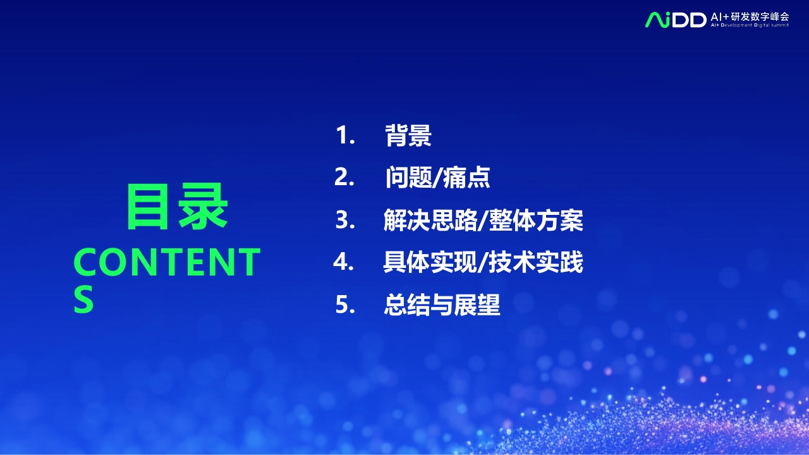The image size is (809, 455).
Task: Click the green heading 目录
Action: click(x=177, y=207)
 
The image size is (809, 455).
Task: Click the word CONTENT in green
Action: click(x=167, y=262)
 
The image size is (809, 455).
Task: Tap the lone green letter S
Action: click(x=83, y=300)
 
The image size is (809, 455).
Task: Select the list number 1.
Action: click(x=345, y=135)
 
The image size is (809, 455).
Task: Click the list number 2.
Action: click(x=344, y=177)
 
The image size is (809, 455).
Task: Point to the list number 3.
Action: click(x=345, y=219)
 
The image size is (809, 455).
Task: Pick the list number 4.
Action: click(x=343, y=262)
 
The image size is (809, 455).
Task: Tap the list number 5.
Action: click(x=345, y=305)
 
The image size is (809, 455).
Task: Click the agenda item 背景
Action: click(x=408, y=135)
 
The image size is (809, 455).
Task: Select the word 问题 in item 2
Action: click(x=408, y=178)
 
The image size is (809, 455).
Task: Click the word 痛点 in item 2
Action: click(x=466, y=178)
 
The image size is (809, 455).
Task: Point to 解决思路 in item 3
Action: click(x=430, y=220)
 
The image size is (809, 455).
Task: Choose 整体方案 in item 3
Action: click(x=536, y=220)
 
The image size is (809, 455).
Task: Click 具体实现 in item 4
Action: click(x=430, y=262)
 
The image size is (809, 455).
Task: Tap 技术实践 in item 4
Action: click(x=536, y=262)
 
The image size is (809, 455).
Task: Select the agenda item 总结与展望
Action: click(x=442, y=305)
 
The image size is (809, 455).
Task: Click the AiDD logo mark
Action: click(x=676, y=20)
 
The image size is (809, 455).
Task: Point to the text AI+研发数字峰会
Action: click(x=750, y=16)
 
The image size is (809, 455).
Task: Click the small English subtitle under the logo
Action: click(x=750, y=25)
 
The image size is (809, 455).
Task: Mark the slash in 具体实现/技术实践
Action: click(x=483, y=262)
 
